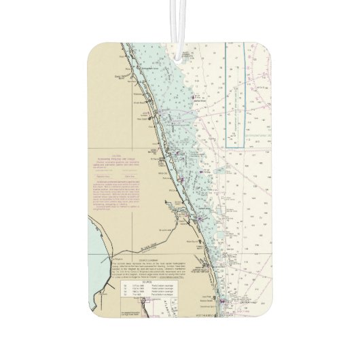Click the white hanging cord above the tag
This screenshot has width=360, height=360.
coord(181,20)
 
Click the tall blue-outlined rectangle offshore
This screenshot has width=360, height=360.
coord(235,95)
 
